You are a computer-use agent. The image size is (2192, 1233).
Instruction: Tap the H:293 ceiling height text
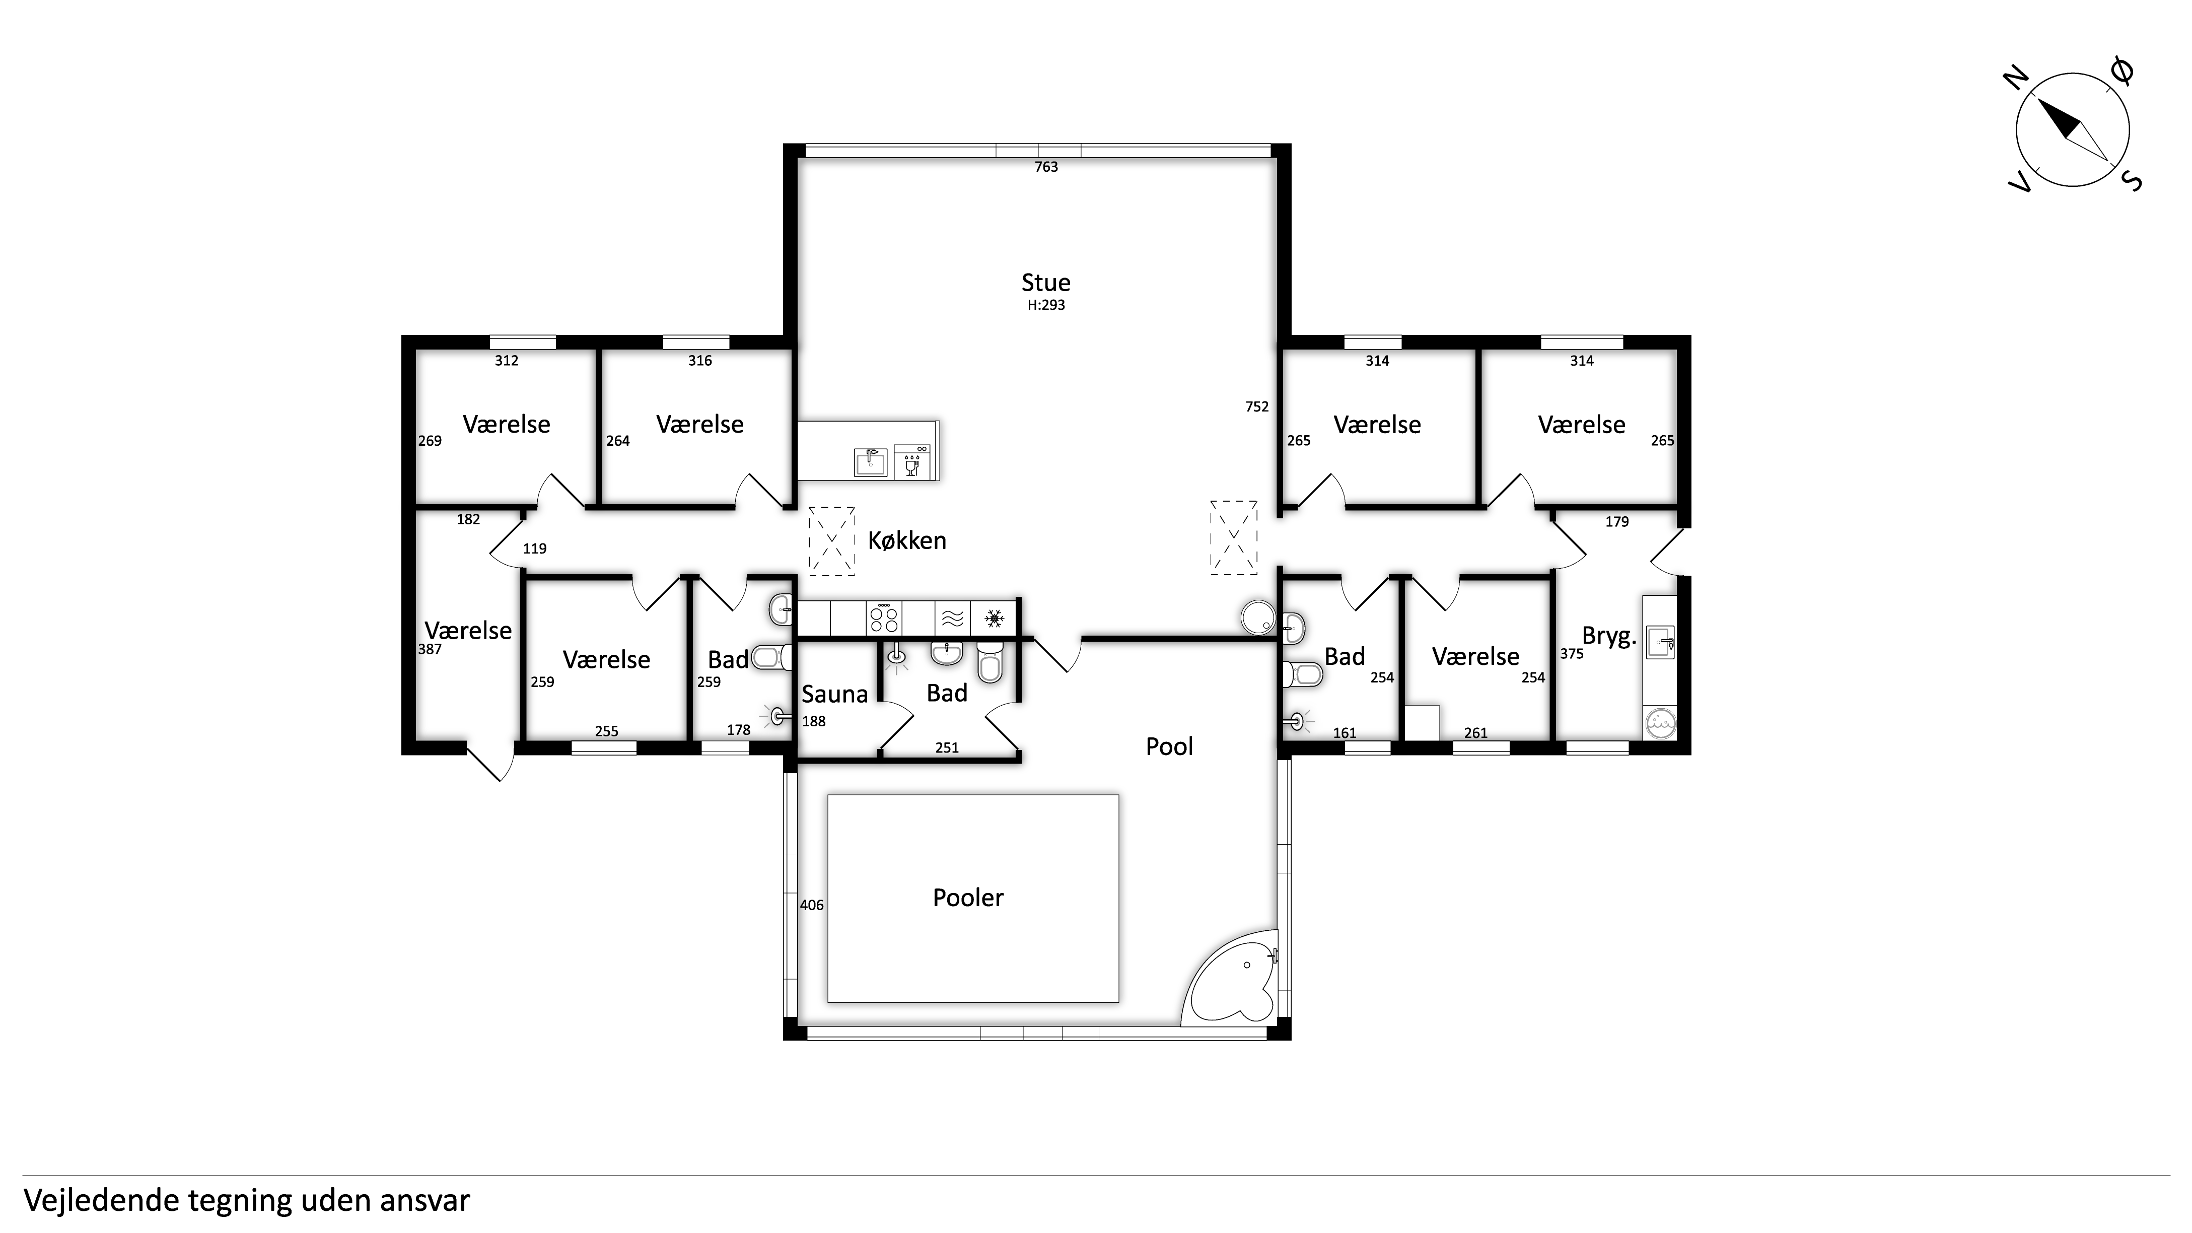click(x=1046, y=305)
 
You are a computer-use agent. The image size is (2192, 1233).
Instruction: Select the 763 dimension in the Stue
click(x=1046, y=167)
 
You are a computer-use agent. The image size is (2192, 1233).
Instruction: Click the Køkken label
click(x=907, y=540)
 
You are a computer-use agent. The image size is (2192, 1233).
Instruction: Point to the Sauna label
click(x=835, y=695)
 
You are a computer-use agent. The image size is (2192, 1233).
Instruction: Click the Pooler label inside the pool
click(x=968, y=898)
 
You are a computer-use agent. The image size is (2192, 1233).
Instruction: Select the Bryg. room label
click(x=1609, y=637)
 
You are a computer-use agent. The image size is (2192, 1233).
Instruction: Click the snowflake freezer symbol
click(x=993, y=618)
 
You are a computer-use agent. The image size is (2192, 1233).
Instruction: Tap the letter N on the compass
click(x=2015, y=79)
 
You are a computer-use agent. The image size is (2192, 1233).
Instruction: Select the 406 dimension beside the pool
click(x=812, y=906)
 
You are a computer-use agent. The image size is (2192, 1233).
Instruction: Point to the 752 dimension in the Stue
click(x=1257, y=407)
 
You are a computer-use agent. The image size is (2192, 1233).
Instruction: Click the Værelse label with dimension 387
click(x=468, y=631)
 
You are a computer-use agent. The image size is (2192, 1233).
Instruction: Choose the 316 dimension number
click(x=699, y=361)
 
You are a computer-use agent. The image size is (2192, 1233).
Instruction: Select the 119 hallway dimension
click(x=534, y=549)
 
